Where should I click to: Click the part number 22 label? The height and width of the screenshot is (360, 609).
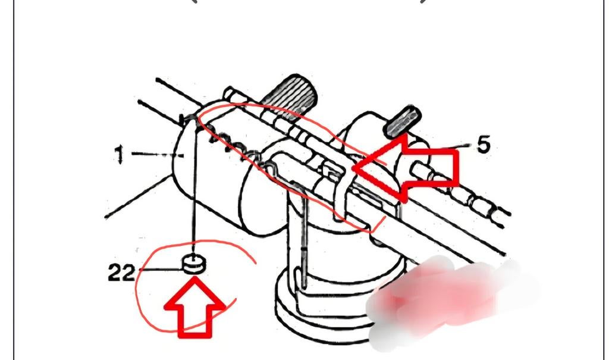pyautogui.click(x=121, y=273)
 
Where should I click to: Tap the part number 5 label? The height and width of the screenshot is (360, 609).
pyautogui.click(x=483, y=145)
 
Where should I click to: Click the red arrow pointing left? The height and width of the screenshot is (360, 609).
pyautogui.click(x=406, y=168)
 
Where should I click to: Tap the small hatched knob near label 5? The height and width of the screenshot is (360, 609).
pyautogui.click(x=402, y=122)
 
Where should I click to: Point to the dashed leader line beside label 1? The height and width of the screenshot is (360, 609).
pyautogui.click(x=157, y=155)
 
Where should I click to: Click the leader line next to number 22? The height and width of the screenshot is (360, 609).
pyautogui.click(x=160, y=269)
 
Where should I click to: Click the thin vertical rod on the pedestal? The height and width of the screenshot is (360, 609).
pyautogui.click(x=304, y=241)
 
